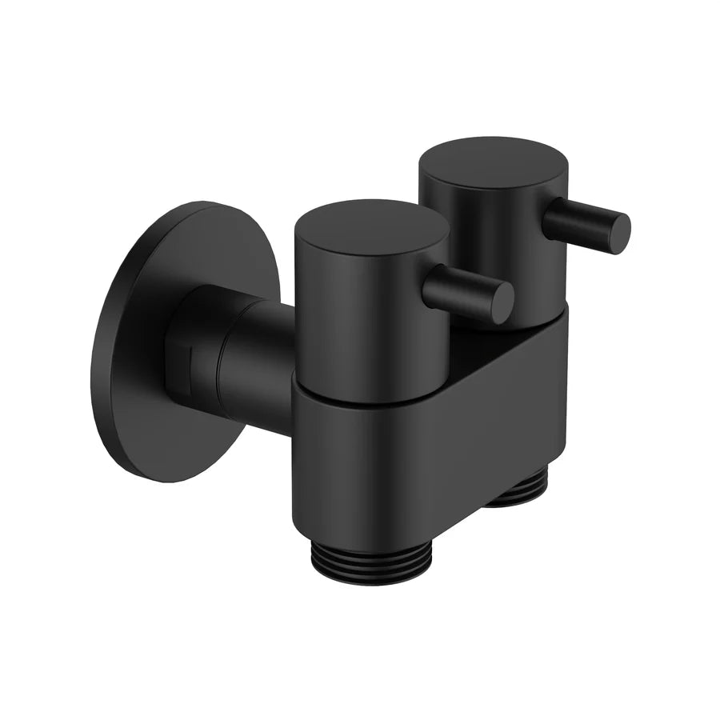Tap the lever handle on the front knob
(x=464, y=290)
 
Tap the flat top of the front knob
(x=370, y=228)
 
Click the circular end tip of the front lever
(x=501, y=302)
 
